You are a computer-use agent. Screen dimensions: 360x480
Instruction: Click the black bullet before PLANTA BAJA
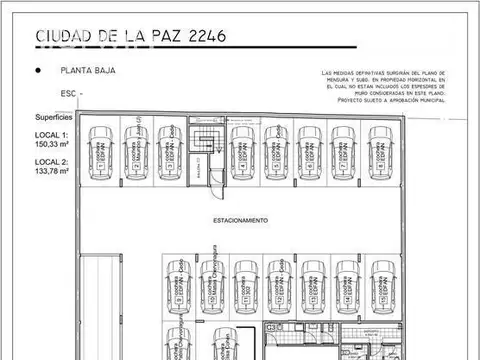37,71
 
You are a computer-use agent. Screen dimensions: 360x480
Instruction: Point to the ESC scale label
67,92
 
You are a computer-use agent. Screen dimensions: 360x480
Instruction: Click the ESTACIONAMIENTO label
240,219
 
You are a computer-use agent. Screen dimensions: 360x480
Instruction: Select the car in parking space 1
101,151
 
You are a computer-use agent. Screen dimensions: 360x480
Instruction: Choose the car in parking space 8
378,151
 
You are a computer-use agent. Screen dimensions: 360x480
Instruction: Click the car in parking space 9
177,283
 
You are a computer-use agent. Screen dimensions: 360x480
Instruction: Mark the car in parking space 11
245,283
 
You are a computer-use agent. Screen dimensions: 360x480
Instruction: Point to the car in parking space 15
381,283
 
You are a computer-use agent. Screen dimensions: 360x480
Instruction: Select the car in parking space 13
313,283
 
